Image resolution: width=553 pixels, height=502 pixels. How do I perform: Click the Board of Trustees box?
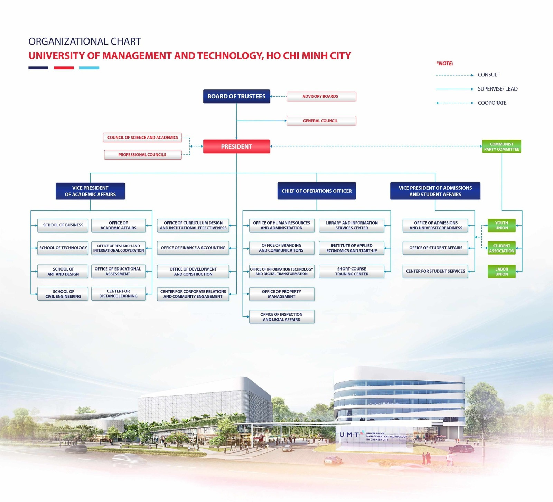click(x=236, y=96)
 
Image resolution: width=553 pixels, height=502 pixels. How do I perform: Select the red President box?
click(x=236, y=146)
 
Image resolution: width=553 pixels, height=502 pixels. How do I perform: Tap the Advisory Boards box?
click(x=321, y=96)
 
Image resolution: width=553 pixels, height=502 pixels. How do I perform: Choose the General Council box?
click(x=321, y=121)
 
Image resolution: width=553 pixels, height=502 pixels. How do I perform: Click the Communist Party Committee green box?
click(x=502, y=146)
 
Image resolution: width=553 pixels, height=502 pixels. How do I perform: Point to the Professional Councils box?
click(x=142, y=155)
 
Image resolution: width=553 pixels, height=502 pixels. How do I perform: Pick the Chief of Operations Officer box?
click(x=316, y=191)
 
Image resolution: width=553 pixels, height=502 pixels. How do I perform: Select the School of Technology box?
click(x=63, y=248)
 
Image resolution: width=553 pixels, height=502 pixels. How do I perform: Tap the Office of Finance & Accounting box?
click(x=193, y=248)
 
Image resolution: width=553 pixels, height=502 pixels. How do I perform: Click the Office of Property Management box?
click(x=281, y=294)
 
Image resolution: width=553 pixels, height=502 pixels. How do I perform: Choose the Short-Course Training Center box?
click(x=352, y=272)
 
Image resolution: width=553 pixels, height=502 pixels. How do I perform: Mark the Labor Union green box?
click(x=502, y=272)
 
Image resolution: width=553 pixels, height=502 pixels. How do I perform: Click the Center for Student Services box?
click(x=435, y=271)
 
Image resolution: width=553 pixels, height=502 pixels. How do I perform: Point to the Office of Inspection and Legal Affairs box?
click(x=281, y=317)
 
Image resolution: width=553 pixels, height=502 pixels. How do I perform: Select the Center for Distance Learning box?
click(x=118, y=294)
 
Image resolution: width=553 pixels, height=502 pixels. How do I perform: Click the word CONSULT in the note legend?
click(x=488, y=75)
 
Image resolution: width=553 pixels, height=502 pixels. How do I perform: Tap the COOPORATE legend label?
click(x=492, y=103)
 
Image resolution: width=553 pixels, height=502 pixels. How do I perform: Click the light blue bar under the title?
click(x=89, y=68)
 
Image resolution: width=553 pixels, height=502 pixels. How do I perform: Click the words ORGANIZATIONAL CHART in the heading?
click(x=85, y=41)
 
